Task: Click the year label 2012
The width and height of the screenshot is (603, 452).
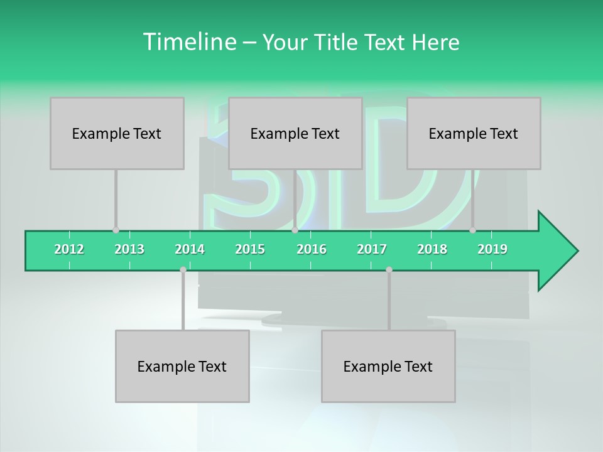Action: pyautogui.click(x=69, y=249)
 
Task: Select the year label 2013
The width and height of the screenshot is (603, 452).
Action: pyautogui.click(x=129, y=249)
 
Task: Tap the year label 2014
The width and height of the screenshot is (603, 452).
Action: pyautogui.click(x=190, y=249)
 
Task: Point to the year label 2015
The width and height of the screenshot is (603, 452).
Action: pyautogui.click(x=250, y=249)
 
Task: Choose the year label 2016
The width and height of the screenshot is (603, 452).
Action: pyautogui.click(x=312, y=249)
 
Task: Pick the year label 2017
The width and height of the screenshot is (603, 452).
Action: pyautogui.click(x=372, y=249)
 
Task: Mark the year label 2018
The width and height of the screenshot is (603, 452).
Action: pyautogui.click(x=432, y=249)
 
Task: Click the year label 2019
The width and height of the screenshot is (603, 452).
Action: pyautogui.click(x=492, y=249)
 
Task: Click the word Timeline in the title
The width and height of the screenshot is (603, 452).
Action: pyautogui.click(x=188, y=42)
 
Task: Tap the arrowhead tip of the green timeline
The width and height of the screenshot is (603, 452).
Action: pyautogui.click(x=576, y=251)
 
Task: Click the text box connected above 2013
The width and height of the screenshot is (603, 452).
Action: pyautogui.click(x=117, y=133)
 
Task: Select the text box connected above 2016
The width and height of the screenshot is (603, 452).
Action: pyautogui.click(x=295, y=133)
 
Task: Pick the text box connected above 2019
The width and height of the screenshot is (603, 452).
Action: pyautogui.click(x=474, y=133)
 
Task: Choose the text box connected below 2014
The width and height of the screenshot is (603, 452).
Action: pyautogui.click(x=182, y=366)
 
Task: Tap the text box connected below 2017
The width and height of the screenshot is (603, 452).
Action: pyautogui.click(x=388, y=366)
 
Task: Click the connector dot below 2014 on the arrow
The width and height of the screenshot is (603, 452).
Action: pyautogui.click(x=183, y=270)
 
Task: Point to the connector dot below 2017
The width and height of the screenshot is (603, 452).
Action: pyautogui.click(x=389, y=270)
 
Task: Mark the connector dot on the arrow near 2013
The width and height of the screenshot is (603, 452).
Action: pyautogui.click(x=116, y=230)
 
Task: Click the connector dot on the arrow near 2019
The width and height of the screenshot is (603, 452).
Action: pyautogui.click(x=472, y=230)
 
